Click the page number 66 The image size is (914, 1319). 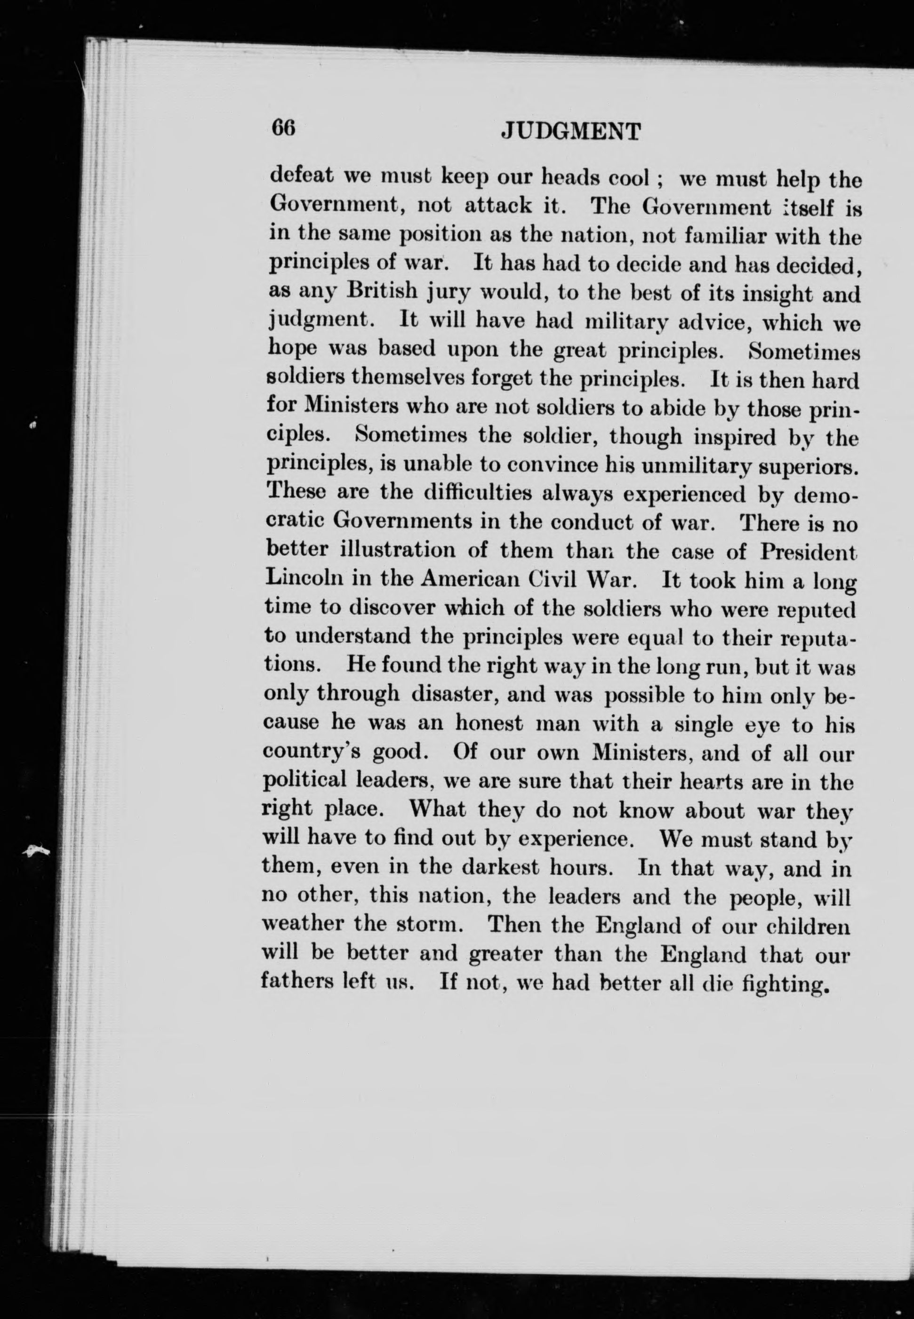(x=283, y=127)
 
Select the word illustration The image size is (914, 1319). (x=398, y=550)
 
